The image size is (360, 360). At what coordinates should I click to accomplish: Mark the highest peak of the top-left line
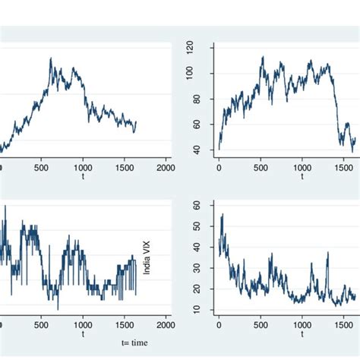tap(51, 58)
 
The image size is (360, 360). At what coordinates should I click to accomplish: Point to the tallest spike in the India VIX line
tap(222, 214)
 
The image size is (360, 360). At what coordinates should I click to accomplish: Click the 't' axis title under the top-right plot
tap(302, 177)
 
